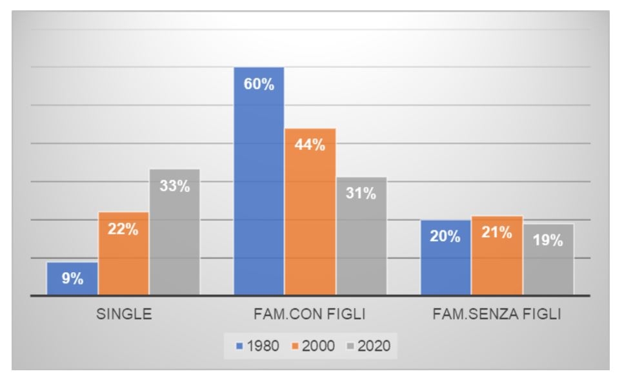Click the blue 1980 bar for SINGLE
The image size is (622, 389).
click(x=72, y=279)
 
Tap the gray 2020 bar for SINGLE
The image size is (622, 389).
click(x=174, y=232)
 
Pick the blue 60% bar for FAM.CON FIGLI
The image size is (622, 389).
click(x=259, y=181)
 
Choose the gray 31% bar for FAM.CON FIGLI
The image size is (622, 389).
click(x=361, y=236)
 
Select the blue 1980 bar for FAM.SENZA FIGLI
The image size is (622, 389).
click(x=446, y=257)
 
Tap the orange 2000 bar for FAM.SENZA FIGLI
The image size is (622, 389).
click(x=497, y=255)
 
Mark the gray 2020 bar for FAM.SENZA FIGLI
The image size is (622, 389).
click(x=548, y=259)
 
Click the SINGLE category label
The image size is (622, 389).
click(x=124, y=315)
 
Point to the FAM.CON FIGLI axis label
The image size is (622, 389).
click(x=310, y=315)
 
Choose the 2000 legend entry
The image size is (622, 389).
click(x=314, y=346)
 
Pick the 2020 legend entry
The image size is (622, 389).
click(x=369, y=346)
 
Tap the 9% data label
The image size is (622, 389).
click(x=73, y=279)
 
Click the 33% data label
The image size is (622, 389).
click(x=174, y=187)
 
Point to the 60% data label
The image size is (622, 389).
click(x=259, y=85)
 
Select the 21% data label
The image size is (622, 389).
click(x=497, y=233)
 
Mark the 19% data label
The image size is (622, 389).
click(x=548, y=241)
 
